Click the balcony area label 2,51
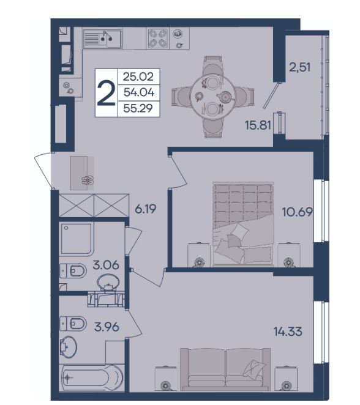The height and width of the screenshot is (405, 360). pos(299,67)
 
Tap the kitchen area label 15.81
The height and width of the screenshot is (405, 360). pos(258,125)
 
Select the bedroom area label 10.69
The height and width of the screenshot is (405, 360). pos(297,212)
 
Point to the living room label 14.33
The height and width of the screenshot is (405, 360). pos(288,332)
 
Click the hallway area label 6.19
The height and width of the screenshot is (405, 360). pos(146,209)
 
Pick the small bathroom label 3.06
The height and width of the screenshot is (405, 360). pos(106,265)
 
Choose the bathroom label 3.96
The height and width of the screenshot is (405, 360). pos(107,327)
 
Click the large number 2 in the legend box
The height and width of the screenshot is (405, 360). pos(106,93)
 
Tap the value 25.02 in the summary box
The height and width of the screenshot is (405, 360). pos(138,76)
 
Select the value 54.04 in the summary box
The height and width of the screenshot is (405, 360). pos(139,92)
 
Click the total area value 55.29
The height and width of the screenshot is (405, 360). pos(138,108)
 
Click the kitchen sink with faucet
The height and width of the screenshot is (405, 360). pos(103,39)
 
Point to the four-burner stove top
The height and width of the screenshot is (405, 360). pos(157,39)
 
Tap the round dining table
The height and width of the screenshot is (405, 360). pos(212,96)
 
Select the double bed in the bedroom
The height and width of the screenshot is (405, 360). pos(243,224)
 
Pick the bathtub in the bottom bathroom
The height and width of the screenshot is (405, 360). pos(91,377)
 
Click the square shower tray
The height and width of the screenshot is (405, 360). pos(77,239)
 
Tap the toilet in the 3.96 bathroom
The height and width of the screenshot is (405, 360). pos(73,324)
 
